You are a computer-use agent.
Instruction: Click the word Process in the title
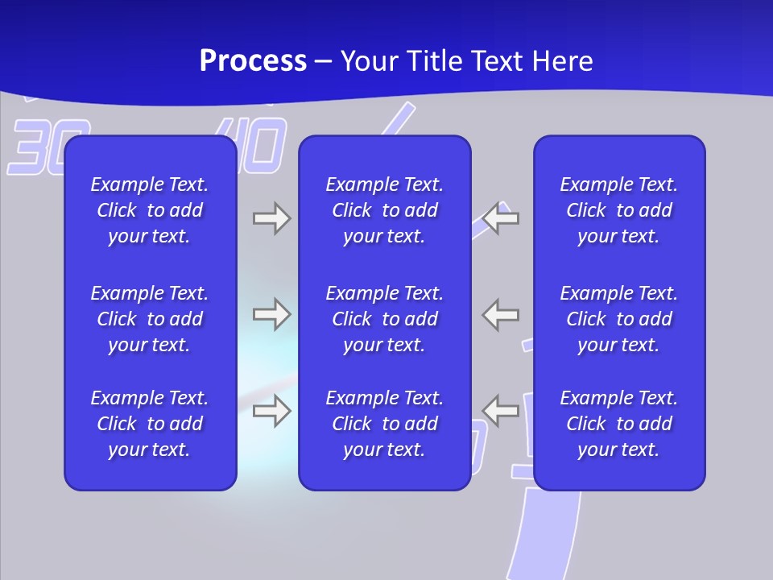pyautogui.click(x=253, y=61)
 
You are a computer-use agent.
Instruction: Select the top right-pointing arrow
pyautogui.click(x=271, y=218)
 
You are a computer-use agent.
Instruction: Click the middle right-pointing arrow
pyautogui.click(x=271, y=314)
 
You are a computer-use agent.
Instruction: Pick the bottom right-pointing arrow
pyautogui.click(x=271, y=411)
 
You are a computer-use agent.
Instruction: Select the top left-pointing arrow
pyautogui.click(x=502, y=218)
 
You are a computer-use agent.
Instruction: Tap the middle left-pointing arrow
pyautogui.click(x=502, y=314)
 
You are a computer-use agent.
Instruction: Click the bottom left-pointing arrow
pyautogui.click(x=502, y=411)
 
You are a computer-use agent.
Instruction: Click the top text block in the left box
pyautogui.click(x=150, y=210)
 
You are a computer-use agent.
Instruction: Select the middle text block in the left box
pyautogui.click(x=150, y=319)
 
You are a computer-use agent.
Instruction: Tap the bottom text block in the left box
pyautogui.click(x=150, y=424)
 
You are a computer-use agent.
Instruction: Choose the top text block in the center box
pyautogui.click(x=385, y=210)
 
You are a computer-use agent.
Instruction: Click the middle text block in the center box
pyautogui.click(x=385, y=319)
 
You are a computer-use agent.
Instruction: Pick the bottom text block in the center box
pyautogui.click(x=385, y=424)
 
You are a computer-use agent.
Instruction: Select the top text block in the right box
pyautogui.click(x=619, y=210)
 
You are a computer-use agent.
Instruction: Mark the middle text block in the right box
pyautogui.click(x=619, y=319)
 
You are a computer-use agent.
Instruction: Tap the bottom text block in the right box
pyautogui.click(x=619, y=424)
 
